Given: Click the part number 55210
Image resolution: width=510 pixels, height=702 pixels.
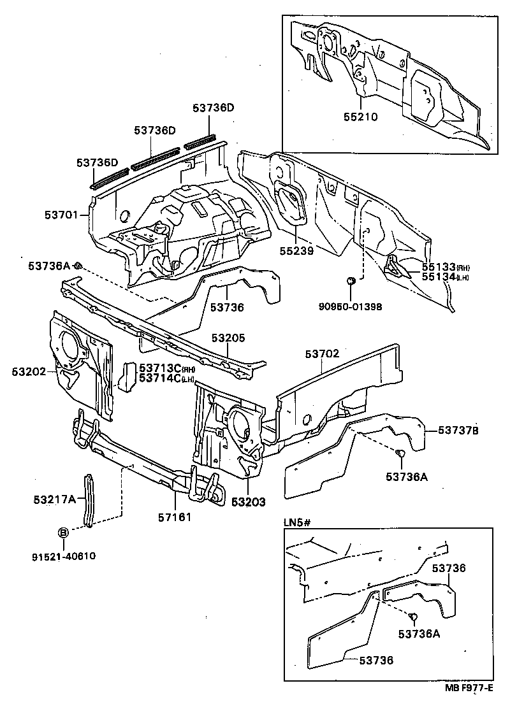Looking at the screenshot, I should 361,117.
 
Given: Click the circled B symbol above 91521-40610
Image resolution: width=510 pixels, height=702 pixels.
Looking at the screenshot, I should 64,533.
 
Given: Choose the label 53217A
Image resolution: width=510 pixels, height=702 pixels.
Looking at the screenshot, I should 54,498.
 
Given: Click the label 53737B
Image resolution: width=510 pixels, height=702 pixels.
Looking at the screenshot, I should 458,431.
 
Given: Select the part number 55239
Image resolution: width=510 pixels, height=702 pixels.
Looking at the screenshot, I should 296,252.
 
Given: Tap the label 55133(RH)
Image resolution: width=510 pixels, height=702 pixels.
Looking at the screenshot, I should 437,267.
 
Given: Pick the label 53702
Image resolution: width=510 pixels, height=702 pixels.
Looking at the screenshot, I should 322,354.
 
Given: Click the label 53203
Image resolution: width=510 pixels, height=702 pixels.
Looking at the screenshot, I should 248,502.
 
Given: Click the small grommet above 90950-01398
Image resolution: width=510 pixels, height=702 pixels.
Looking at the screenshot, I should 350,280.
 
